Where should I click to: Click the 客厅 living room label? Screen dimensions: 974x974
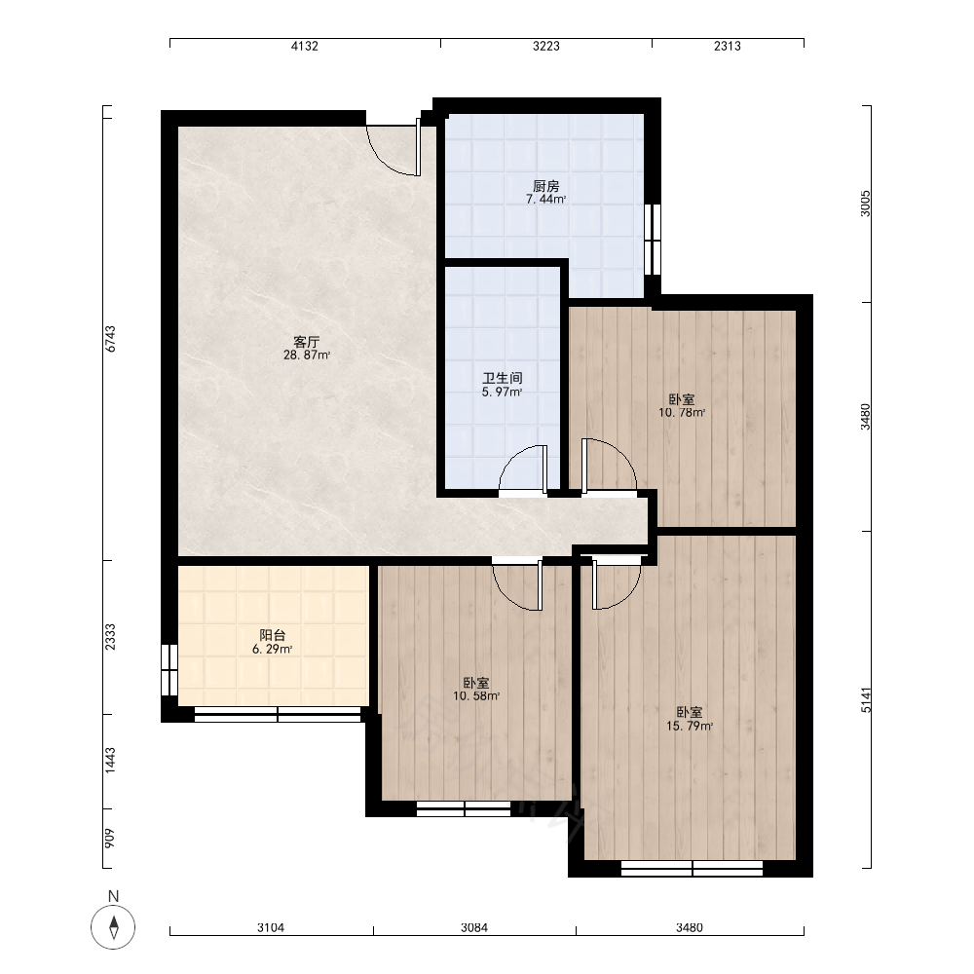tap(306, 342)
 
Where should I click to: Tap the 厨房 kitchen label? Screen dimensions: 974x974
tap(546, 186)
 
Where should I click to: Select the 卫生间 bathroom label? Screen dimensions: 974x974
tap(503, 378)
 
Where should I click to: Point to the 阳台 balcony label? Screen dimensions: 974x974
tap(273, 635)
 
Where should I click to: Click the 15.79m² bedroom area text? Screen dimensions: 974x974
tap(690, 726)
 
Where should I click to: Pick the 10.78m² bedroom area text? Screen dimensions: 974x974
tap(682, 412)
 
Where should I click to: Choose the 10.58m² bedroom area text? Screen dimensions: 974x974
tap(476, 695)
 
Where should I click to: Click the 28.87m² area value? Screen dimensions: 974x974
tap(306, 356)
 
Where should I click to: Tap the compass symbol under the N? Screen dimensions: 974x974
tap(113, 927)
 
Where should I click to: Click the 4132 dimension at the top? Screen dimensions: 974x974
tap(304, 46)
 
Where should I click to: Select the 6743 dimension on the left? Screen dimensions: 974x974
tap(110, 339)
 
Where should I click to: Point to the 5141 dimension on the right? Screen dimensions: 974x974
tap(866, 699)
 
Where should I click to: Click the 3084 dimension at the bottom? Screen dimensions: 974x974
tap(474, 927)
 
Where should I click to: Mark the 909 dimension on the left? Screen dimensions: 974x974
tap(110, 839)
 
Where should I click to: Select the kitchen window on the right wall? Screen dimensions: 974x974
tap(653, 240)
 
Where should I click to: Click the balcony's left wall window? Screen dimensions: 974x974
tap(169, 670)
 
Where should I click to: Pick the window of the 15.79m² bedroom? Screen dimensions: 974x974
tap(692, 869)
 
